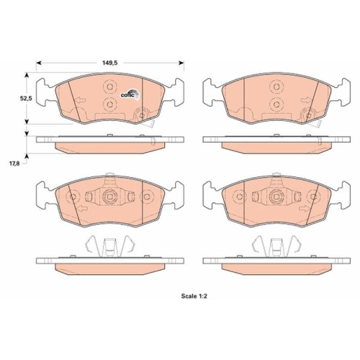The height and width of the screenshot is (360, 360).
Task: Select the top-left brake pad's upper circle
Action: (x=109, y=86)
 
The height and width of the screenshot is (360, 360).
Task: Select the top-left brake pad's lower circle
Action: (x=109, y=105)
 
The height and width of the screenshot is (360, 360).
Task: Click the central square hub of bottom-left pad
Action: (x=109, y=197)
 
